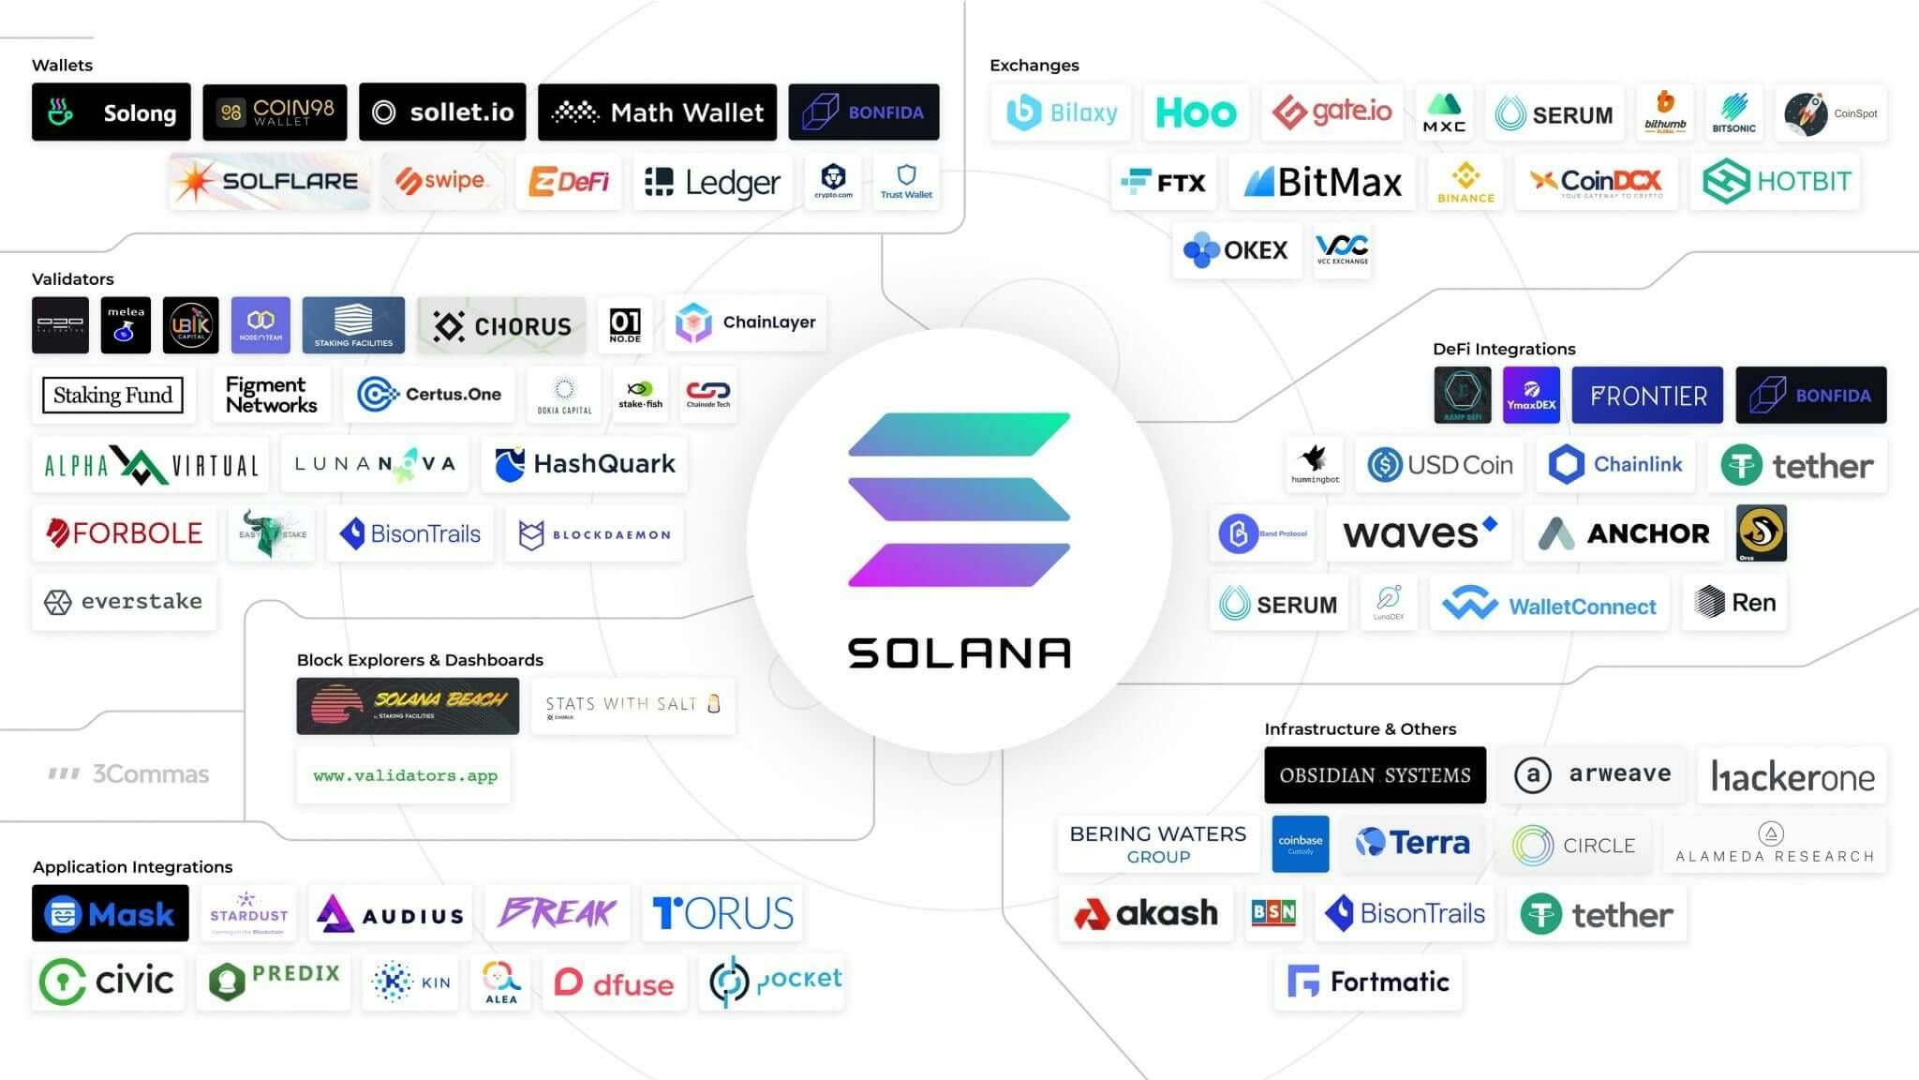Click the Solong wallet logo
111,112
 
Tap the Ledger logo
712,182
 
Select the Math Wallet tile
657,112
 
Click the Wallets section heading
62,65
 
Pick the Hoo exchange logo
1196,113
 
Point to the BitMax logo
1322,182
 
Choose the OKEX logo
1236,250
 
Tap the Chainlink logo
1615,464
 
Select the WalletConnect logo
1549,605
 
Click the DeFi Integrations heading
1504,349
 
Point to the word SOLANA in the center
959,653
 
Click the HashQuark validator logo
584,464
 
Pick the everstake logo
124,601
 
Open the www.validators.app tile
404,775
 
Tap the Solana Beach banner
408,705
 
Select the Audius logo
390,914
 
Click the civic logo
107,982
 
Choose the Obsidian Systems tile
1375,775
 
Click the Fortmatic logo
1368,982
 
